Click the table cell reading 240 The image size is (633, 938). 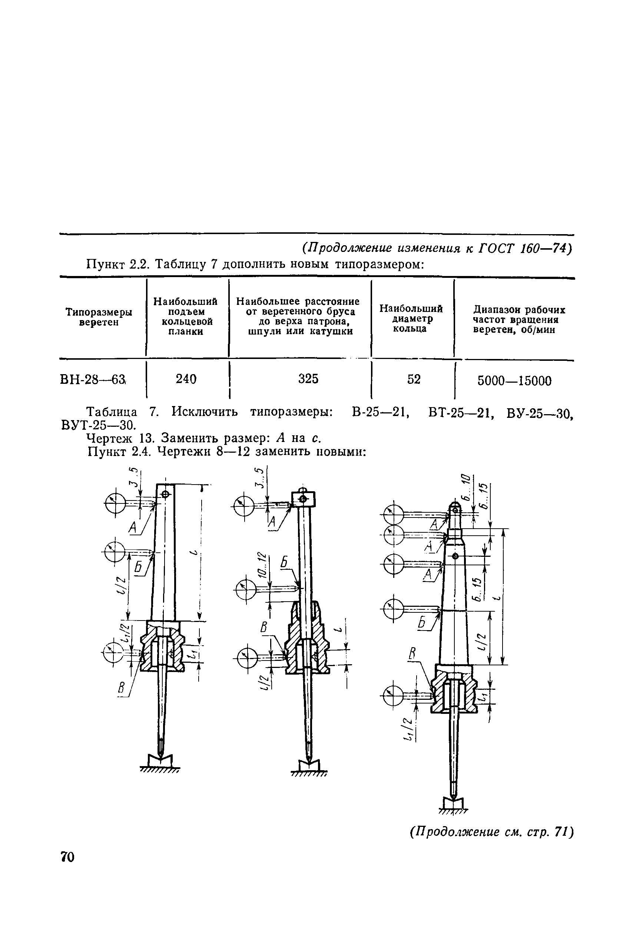click(186, 379)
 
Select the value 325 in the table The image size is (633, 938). click(308, 379)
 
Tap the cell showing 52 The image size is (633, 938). click(414, 379)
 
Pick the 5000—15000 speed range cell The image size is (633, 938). click(514, 381)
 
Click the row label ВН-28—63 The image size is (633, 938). click(93, 380)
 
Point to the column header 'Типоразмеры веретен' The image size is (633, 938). click(99, 317)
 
